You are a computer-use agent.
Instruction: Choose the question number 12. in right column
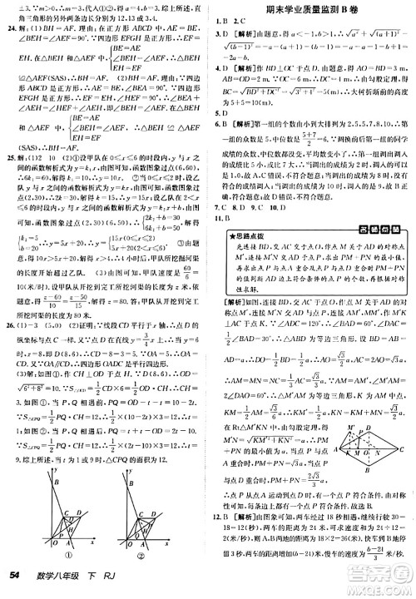pos(215,517)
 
